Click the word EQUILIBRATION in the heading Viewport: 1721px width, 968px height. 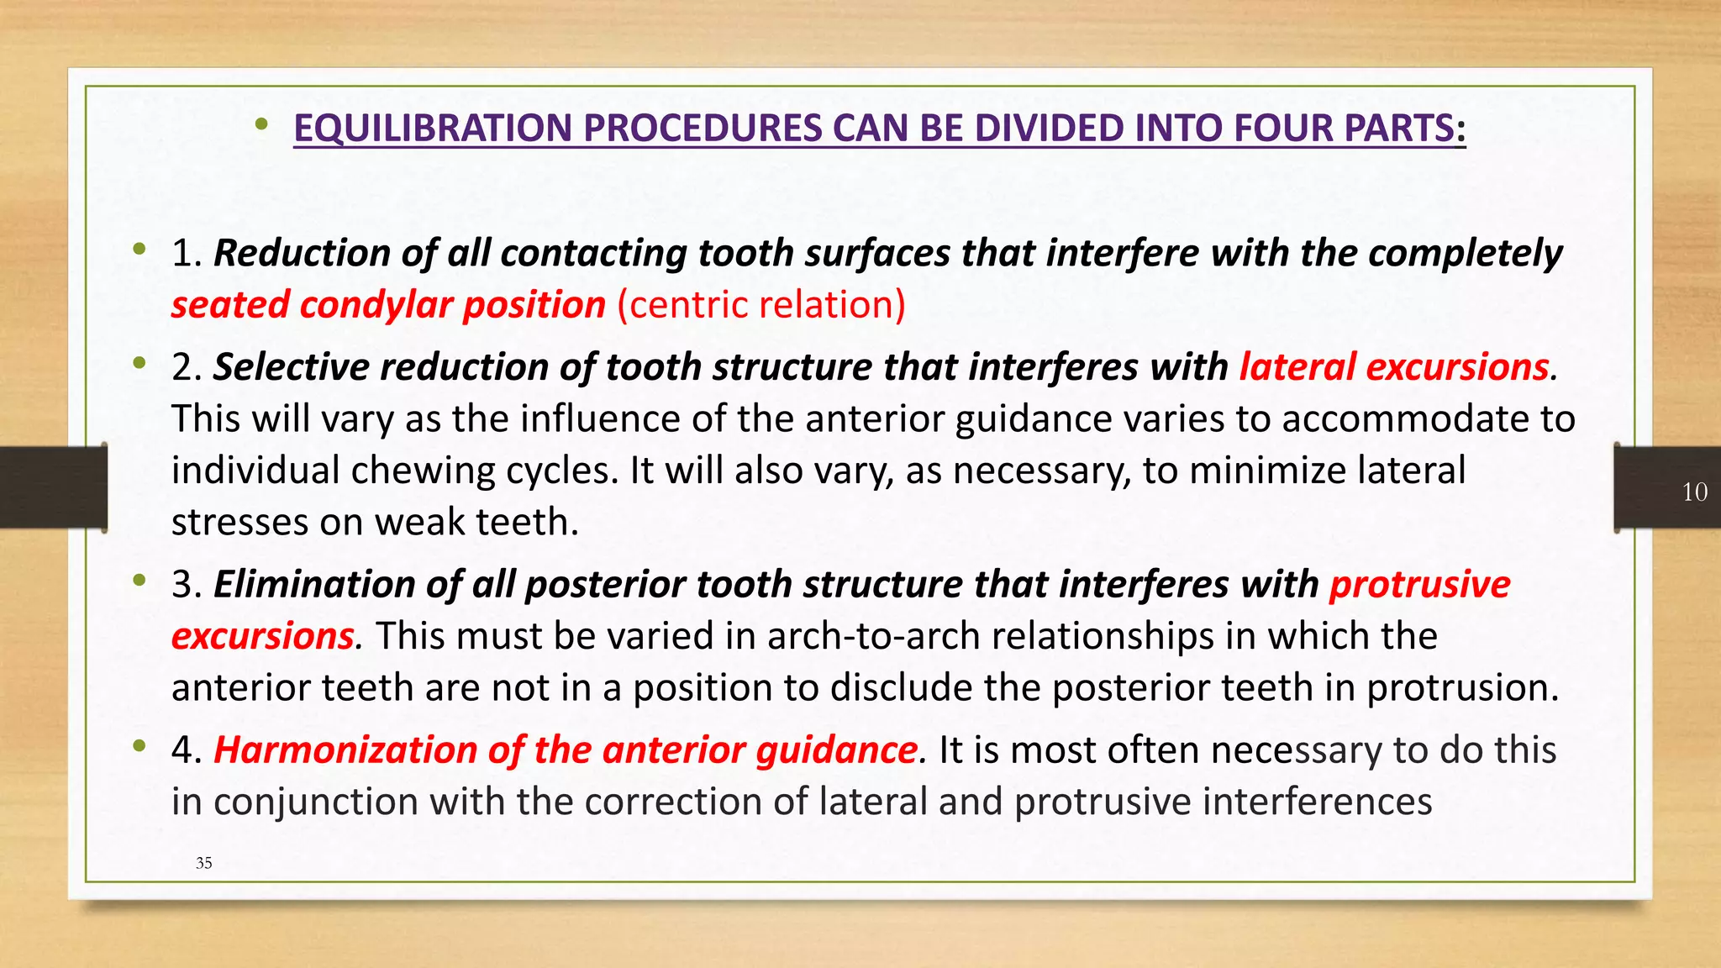pos(434,129)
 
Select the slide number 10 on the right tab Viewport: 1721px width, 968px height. pos(1694,492)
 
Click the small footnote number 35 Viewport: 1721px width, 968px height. pos(203,863)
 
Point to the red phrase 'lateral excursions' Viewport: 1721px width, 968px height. pos(1394,367)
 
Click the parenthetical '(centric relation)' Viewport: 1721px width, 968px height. pos(761,305)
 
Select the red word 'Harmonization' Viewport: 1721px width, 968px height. pos(345,750)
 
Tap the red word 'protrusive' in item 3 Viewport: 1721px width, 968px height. pos(1419,584)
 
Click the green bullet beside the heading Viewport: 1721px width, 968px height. pos(261,126)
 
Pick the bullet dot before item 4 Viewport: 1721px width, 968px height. pos(139,745)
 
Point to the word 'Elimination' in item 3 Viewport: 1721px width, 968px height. pos(314,584)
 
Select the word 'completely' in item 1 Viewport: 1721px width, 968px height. pos(1466,253)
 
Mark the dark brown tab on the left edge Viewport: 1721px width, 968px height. pos(53,487)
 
